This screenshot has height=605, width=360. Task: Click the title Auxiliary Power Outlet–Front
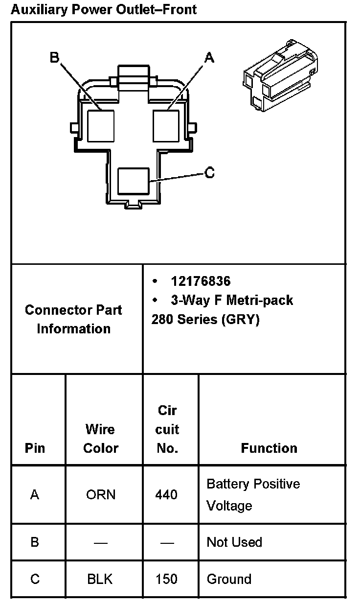coord(104,9)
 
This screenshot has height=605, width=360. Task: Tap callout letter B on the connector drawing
coord(54,58)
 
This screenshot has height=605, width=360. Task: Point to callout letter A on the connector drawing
coord(209,58)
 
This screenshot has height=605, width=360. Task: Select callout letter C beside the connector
coord(209,173)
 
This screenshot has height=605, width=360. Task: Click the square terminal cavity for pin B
coord(100,126)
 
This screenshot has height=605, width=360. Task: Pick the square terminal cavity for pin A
coord(166,126)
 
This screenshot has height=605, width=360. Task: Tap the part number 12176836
coord(201,281)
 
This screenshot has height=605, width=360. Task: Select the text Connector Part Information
coord(73,319)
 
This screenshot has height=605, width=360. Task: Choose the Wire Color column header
coord(101,439)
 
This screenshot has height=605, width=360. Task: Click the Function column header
coord(269,448)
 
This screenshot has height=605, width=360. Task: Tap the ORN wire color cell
coord(101,494)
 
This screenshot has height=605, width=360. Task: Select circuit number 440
coord(166,494)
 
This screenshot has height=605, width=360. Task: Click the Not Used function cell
coord(234,542)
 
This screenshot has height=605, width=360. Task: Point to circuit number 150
coord(166,579)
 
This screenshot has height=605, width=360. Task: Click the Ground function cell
coord(229,579)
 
